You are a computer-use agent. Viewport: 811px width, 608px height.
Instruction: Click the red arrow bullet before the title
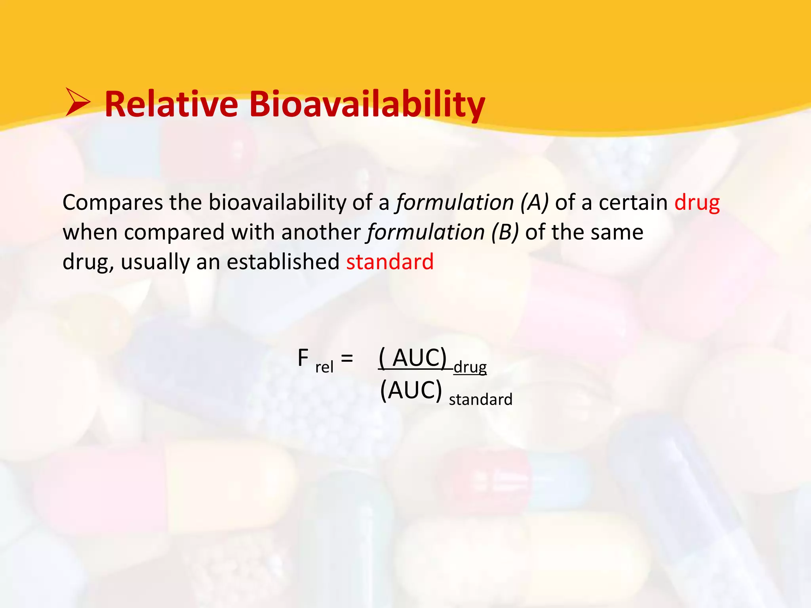click(78, 103)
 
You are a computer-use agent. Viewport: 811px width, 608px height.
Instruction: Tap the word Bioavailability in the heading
click(367, 104)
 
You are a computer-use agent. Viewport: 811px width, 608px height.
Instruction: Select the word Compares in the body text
click(112, 203)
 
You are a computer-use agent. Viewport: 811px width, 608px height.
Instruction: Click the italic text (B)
click(504, 232)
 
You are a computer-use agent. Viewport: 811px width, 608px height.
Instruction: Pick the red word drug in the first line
click(697, 203)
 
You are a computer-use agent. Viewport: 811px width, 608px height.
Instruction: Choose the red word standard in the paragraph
click(390, 262)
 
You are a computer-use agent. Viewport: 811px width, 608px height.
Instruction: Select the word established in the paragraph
click(283, 262)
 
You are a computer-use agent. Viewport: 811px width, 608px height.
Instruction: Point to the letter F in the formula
click(303, 358)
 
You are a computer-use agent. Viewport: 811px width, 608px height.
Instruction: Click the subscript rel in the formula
click(324, 367)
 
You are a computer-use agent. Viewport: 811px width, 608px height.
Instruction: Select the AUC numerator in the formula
click(413, 357)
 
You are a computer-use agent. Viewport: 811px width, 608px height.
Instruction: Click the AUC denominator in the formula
click(411, 390)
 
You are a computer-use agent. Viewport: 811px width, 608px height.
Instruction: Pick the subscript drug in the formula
click(470, 367)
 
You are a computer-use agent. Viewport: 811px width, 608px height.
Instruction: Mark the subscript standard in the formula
click(480, 399)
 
